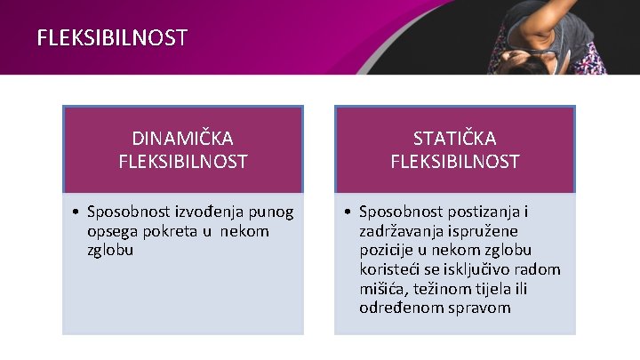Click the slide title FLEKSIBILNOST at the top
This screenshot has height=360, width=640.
(x=112, y=37)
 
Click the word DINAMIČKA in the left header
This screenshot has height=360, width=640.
(x=182, y=139)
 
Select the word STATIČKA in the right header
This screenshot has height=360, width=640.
(x=454, y=139)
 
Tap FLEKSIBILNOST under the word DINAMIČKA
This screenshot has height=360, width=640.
(x=182, y=162)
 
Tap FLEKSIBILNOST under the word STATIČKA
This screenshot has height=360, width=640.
(x=454, y=162)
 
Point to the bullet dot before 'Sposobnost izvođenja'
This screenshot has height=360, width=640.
(x=78, y=212)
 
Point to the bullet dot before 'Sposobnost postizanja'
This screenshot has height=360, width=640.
(x=350, y=212)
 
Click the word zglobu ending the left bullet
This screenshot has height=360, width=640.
(x=111, y=250)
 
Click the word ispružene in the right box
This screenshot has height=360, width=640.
(x=493, y=231)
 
